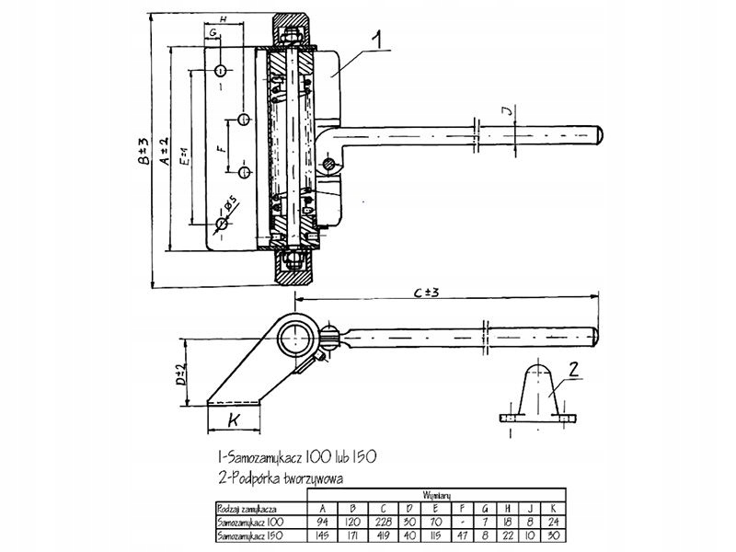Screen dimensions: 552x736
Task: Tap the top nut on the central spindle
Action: (x=292, y=36)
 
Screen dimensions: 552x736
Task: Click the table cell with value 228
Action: (x=380, y=521)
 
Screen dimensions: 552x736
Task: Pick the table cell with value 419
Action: (x=380, y=534)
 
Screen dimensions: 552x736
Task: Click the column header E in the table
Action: (x=434, y=507)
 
